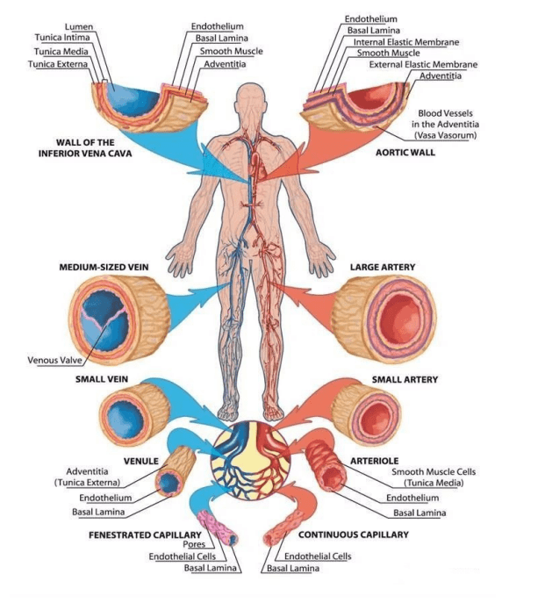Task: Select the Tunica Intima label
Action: [x=63, y=39]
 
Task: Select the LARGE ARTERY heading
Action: [x=383, y=266]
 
